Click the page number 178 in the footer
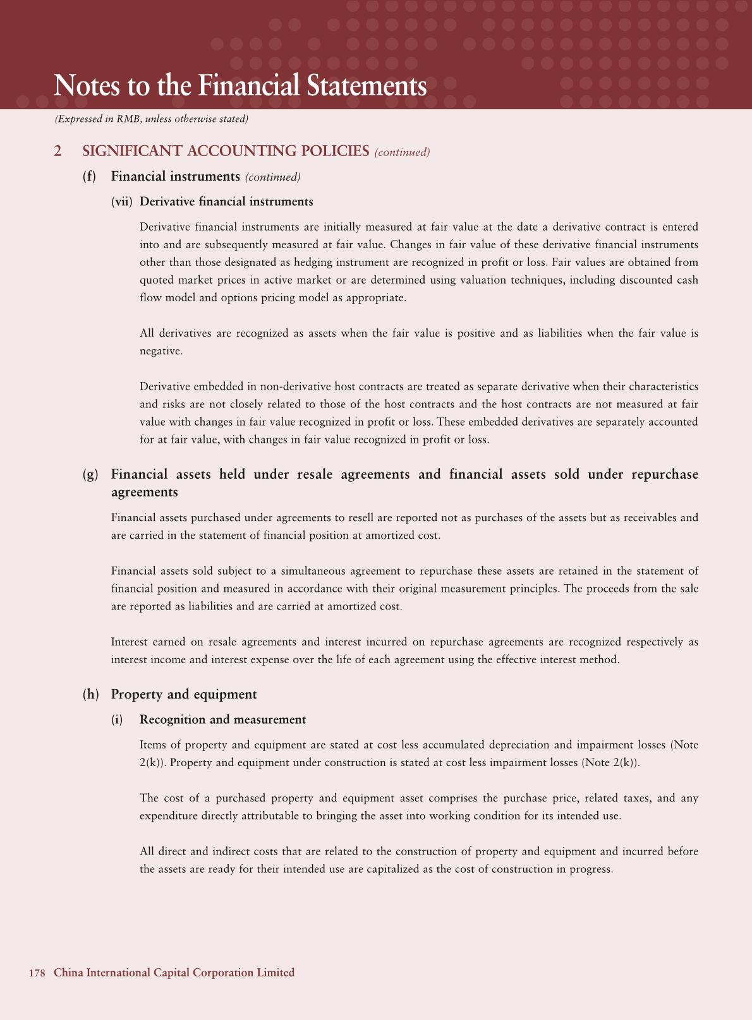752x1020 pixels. point(37,973)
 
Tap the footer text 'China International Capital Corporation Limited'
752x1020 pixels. point(174,973)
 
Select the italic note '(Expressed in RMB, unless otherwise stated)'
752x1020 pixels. point(151,119)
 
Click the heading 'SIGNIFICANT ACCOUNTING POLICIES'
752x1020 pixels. point(226,151)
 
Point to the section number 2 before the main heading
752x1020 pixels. point(58,151)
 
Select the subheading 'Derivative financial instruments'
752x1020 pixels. point(226,201)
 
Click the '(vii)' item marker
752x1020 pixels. point(121,201)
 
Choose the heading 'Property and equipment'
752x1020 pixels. point(184,694)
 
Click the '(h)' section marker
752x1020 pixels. point(91,694)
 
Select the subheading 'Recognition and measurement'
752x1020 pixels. point(222,719)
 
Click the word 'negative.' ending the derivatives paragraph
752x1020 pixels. point(161,351)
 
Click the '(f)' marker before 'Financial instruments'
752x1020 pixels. point(90,176)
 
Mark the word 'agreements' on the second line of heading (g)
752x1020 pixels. point(144,492)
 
